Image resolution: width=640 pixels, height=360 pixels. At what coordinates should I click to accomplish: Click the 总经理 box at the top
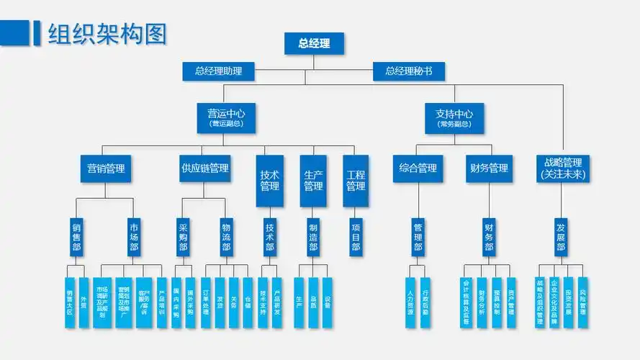pos(314,43)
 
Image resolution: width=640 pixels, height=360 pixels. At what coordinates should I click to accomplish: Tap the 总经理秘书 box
pos(408,71)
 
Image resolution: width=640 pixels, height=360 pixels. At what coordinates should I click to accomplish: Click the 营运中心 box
pos(226,117)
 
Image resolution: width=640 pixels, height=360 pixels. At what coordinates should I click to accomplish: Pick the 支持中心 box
pos(454,117)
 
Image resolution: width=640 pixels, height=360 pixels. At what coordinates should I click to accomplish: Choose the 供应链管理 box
pos(204,169)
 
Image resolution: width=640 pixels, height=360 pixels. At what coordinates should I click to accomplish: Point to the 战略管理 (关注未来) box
pos(563,168)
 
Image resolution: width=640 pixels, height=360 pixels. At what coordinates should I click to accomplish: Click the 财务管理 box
pos(489,169)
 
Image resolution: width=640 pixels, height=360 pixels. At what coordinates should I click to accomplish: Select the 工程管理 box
pos(356,181)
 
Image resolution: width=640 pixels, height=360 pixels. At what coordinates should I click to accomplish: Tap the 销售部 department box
pos(76,237)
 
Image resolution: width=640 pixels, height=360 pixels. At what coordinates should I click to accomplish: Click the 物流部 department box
pos(226,237)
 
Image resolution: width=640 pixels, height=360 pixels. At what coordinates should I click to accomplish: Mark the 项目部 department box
pos(356,237)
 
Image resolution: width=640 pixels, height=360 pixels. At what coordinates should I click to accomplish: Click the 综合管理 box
pos(418,169)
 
